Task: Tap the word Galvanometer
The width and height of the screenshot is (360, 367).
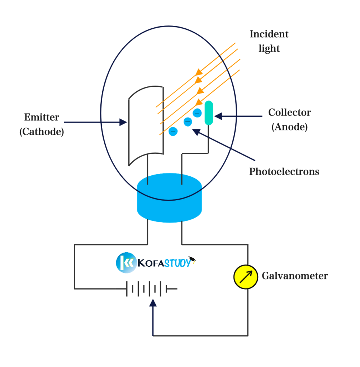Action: point(294,276)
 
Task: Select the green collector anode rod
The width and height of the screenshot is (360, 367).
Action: point(209,113)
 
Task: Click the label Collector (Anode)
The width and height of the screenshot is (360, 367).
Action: point(289,119)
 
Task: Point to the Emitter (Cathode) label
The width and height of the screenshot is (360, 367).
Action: point(42,124)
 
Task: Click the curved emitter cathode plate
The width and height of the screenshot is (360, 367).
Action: point(146,125)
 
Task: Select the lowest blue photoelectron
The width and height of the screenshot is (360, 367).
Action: point(173,131)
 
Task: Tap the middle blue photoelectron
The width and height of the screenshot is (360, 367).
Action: point(188,122)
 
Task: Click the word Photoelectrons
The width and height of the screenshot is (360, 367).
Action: point(284,172)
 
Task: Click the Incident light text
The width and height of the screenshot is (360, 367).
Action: point(269,41)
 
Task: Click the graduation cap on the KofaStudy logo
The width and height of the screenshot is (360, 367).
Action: point(193,258)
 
